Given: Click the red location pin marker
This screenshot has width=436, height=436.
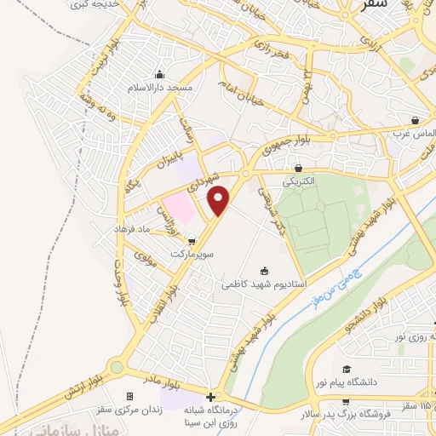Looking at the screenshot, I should (219, 199).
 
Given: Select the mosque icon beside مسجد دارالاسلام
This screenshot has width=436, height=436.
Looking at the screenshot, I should (159, 74).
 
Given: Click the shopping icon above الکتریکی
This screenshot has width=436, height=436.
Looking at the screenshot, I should (297, 169).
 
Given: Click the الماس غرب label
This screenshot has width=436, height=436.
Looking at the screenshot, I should (408, 134).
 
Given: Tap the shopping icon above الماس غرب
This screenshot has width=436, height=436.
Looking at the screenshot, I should (415, 120).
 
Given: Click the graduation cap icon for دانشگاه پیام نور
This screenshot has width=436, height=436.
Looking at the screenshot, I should (346, 369).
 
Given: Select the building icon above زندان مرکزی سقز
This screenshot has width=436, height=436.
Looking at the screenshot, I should (129, 397).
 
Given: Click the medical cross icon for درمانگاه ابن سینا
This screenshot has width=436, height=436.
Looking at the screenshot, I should (210, 397).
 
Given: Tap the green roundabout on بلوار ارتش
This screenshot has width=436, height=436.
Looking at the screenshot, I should (117, 367).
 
